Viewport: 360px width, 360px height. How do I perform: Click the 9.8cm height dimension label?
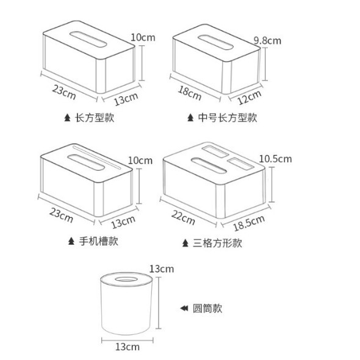click(x=267, y=41)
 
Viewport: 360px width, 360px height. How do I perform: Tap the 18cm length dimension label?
click(x=190, y=93)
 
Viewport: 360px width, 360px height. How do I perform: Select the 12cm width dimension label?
click(x=249, y=97)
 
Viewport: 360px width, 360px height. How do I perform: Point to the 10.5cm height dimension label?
click(x=276, y=159)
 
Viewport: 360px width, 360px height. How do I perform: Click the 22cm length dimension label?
click(x=183, y=217)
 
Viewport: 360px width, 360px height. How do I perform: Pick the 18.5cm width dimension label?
click(x=249, y=223)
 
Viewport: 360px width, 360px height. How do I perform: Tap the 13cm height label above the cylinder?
click(x=162, y=269)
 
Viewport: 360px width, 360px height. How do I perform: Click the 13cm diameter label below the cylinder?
click(x=128, y=347)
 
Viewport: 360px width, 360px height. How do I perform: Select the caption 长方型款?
click(x=95, y=118)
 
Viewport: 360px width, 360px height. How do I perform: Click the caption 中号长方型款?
click(x=228, y=118)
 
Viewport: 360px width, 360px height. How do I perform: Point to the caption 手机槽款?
click(x=99, y=241)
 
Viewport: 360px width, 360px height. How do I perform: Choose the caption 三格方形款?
click(x=217, y=243)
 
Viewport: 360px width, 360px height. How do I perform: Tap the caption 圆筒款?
click(x=207, y=308)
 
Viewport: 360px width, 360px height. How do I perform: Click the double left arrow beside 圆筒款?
click(x=184, y=308)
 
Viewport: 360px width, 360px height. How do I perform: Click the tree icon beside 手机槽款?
click(x=71, y=241)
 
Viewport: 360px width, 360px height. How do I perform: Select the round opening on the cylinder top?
click(x=126, y=279)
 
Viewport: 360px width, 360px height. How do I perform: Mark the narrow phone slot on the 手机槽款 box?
click(x=96, y=157)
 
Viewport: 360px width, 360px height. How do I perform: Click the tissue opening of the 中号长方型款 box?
click(x=215, y=42)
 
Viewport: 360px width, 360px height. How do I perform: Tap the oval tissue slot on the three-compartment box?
click(x=209, y=165)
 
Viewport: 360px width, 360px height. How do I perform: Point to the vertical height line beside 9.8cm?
click(x=265, y=64)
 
